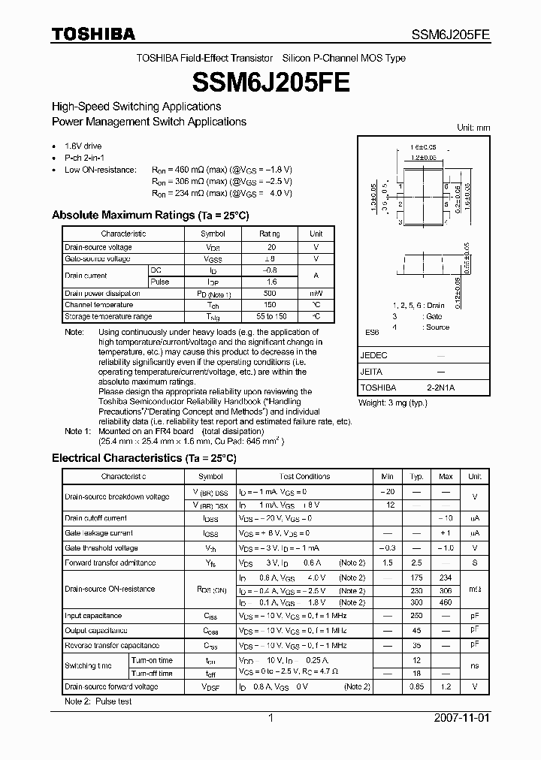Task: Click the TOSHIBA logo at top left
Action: (93, 34)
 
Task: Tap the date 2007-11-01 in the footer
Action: (462, 718)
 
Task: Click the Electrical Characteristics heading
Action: (144, 457)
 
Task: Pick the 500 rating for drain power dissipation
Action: (271, 294)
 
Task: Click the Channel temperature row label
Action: (98, 305)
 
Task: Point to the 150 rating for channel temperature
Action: (271, 305)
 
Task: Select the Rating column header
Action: (271, 234)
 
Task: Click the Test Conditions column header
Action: (304, 476)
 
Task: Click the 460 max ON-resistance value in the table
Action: (446, 602)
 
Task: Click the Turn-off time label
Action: (151, 674)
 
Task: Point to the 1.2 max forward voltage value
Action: (446, 687)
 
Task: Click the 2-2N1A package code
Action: (440, 388)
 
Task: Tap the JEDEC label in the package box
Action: (374, 355)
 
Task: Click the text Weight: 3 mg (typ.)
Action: (393, 403)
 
